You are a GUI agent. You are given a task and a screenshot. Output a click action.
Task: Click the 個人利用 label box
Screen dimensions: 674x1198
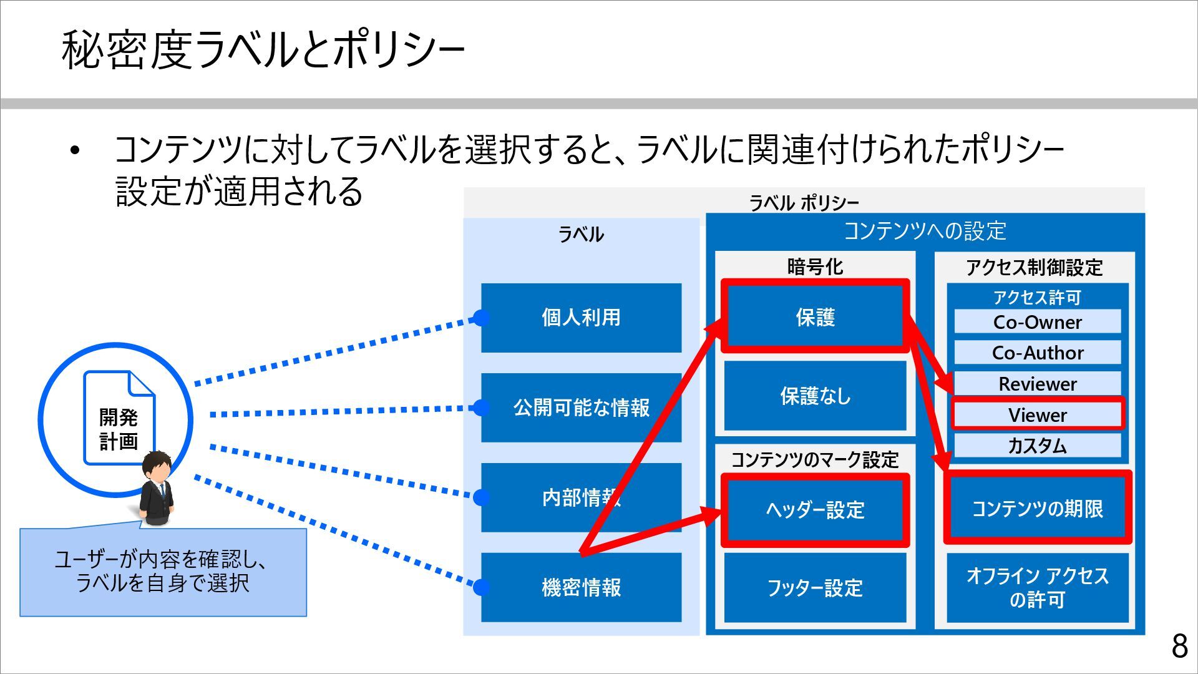point(581,318)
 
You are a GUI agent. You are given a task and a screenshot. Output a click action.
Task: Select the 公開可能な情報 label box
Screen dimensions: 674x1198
point(581,408)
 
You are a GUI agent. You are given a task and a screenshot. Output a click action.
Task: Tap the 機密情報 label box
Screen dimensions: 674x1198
point(581,587)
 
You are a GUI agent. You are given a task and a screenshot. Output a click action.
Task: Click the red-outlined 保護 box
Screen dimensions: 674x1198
point(815,316)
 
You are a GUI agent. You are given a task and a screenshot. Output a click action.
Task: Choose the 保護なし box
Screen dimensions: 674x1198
point(815,396)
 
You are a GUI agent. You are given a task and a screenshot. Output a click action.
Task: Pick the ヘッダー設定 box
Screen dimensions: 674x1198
point(815,510)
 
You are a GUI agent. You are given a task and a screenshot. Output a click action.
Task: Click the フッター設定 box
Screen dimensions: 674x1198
point(815,587)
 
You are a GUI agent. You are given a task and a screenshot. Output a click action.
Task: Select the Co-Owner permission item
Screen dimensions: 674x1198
point(1037,322)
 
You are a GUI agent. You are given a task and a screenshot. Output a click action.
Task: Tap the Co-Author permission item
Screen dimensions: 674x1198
point(1037,353)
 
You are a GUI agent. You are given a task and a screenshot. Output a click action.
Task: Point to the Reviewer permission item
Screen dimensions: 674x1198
point(1037,383)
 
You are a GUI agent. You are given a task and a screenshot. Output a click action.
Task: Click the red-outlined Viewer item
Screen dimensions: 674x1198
point(1037,414)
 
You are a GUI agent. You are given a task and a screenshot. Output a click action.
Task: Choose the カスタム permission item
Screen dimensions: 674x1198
point(1037,446)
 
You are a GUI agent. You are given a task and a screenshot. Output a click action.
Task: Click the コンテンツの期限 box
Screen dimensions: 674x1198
point(1037,508)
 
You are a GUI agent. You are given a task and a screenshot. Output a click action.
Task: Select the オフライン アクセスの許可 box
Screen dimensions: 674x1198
point(1037,587)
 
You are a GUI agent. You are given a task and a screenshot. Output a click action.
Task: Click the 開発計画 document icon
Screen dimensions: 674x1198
point(119,418)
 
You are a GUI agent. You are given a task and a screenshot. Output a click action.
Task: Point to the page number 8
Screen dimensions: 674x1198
point(1179,646)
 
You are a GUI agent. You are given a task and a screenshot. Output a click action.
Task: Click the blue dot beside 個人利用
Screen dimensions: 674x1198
point(481,318)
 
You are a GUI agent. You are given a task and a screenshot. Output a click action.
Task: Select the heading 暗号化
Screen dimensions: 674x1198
point(815,267)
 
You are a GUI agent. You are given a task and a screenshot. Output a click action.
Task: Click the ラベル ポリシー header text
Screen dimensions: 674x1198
point(804,203)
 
